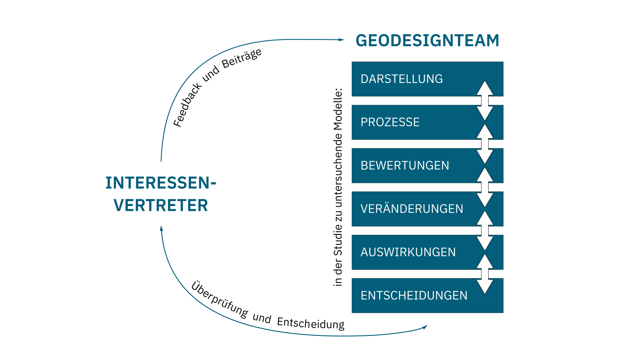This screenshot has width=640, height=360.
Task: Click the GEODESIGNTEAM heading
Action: click(427, 40)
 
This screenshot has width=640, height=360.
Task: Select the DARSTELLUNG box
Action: click(413, 79)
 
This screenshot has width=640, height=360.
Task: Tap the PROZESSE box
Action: click(413, 122)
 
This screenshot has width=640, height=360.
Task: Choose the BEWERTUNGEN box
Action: click(413, 166)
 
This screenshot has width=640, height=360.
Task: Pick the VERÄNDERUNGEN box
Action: click(413, 209)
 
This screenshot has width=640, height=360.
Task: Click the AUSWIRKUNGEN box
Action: click(413, 252)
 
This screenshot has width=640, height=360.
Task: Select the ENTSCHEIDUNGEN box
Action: click(413, 296)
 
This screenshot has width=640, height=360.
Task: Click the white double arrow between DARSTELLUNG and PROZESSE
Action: click(485, 101)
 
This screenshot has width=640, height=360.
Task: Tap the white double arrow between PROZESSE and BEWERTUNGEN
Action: click(485, 144)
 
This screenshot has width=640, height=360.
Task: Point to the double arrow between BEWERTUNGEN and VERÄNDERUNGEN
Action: click(485, 187)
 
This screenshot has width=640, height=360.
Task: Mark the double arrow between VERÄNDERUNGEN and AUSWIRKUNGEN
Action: click(485, 230)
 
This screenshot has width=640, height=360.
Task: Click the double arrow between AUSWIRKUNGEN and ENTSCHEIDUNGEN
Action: click(485, 274)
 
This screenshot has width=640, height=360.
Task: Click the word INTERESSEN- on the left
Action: click(161, 183)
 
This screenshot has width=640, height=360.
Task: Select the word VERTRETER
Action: click(161, 205)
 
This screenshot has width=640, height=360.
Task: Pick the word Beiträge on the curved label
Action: click(242, 58)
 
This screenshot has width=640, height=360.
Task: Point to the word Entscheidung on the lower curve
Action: click(311, 323)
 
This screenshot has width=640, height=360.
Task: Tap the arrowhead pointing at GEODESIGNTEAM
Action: click(341, 40)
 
